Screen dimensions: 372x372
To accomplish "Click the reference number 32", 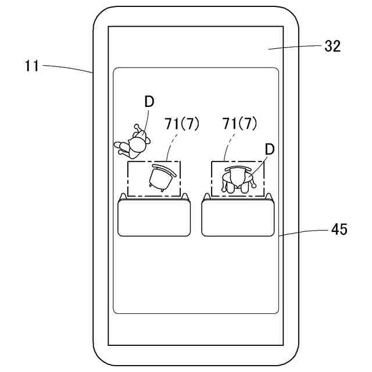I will click(x=332, y=46).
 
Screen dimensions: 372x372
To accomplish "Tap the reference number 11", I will click(x=32, y=66).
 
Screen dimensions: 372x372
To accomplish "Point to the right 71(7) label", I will click(x=240, y=123).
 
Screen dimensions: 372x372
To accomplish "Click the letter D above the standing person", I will click(x=149, y=101).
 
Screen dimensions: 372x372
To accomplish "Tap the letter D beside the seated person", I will click(x=269, y=149).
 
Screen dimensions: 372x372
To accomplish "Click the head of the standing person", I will click(x=138, y=144).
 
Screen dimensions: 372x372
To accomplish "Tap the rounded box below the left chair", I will click(x=154, y=218).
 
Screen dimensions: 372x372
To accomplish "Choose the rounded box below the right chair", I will click(x=238, y=218).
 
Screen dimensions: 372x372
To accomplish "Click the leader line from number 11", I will click(x=67, y=67).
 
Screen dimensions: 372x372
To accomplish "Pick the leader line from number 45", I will click(x=305, y=232).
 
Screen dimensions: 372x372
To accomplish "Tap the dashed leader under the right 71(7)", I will click(x=229, y=145).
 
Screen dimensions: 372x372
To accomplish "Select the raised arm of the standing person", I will click(x=139, y=130).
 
